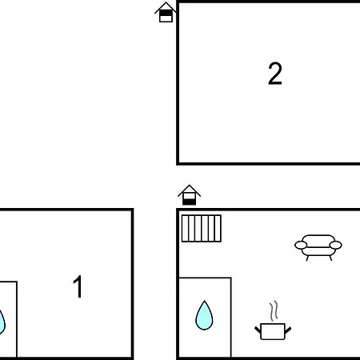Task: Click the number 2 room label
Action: point(275,74)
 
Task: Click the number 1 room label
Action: point(78,286)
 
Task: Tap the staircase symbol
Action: point(202,228)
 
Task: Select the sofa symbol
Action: point(318,247)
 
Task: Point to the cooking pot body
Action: point(273,331)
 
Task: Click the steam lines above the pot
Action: point(274,310)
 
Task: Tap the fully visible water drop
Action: point(204,315)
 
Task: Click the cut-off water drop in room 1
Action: point(2,322)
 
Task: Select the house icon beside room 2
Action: point(166,12)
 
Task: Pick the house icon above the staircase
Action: point(189,195)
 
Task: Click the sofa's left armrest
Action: point(301,245)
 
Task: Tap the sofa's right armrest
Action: point(336,245)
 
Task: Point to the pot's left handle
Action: point(258,330)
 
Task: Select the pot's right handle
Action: point(288,330)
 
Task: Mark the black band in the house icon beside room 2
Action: point(166,13)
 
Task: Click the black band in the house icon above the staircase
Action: point(190,202)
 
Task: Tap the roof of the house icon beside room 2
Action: point(166,7)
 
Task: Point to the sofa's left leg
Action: point(307,258)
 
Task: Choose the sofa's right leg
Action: point(330,258)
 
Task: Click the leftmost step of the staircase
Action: point(185,228)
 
